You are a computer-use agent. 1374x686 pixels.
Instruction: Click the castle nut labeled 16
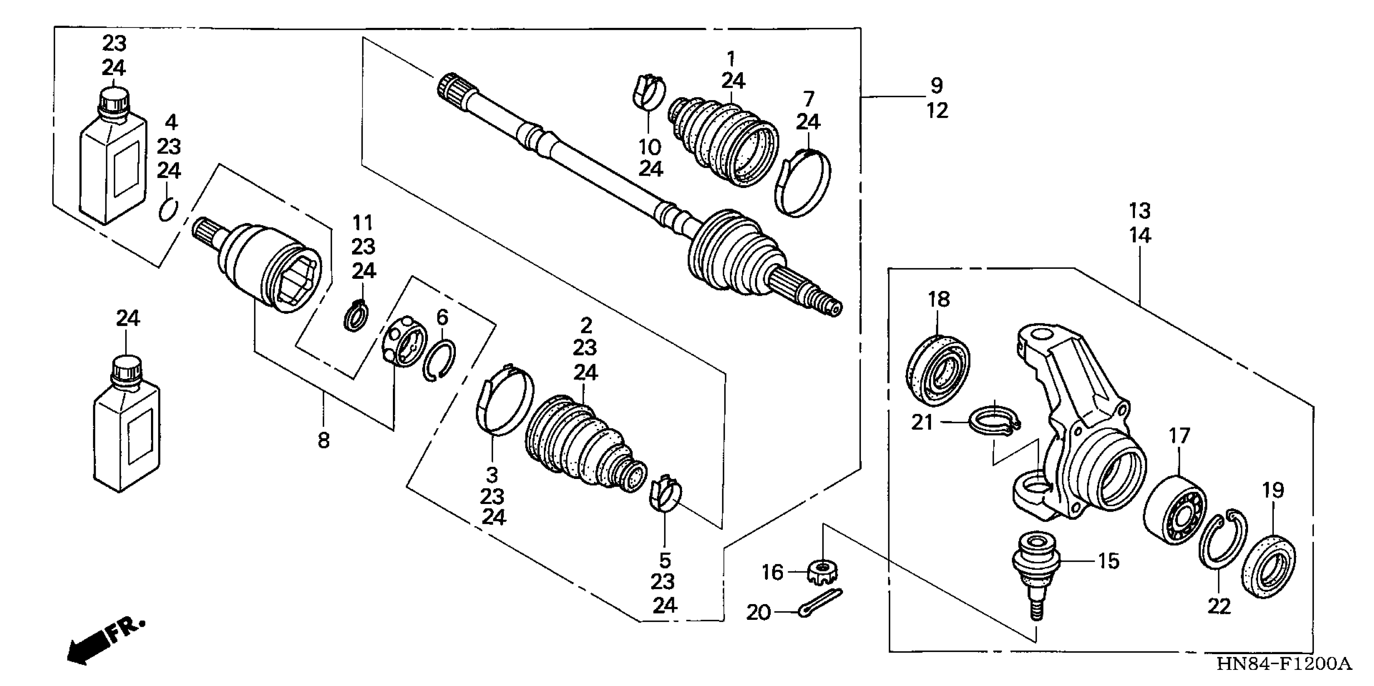point(822,571)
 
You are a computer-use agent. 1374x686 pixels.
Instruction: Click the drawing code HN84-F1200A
point(1284,664)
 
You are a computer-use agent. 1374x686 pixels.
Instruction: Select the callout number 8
point(324,441)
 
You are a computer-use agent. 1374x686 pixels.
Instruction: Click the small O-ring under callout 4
point(168,209)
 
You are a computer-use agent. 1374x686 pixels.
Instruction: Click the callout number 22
point(1219,606)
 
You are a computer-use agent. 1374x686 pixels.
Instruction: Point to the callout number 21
point(922,422)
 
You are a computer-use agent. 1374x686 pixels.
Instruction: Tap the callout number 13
point(1140,211)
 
